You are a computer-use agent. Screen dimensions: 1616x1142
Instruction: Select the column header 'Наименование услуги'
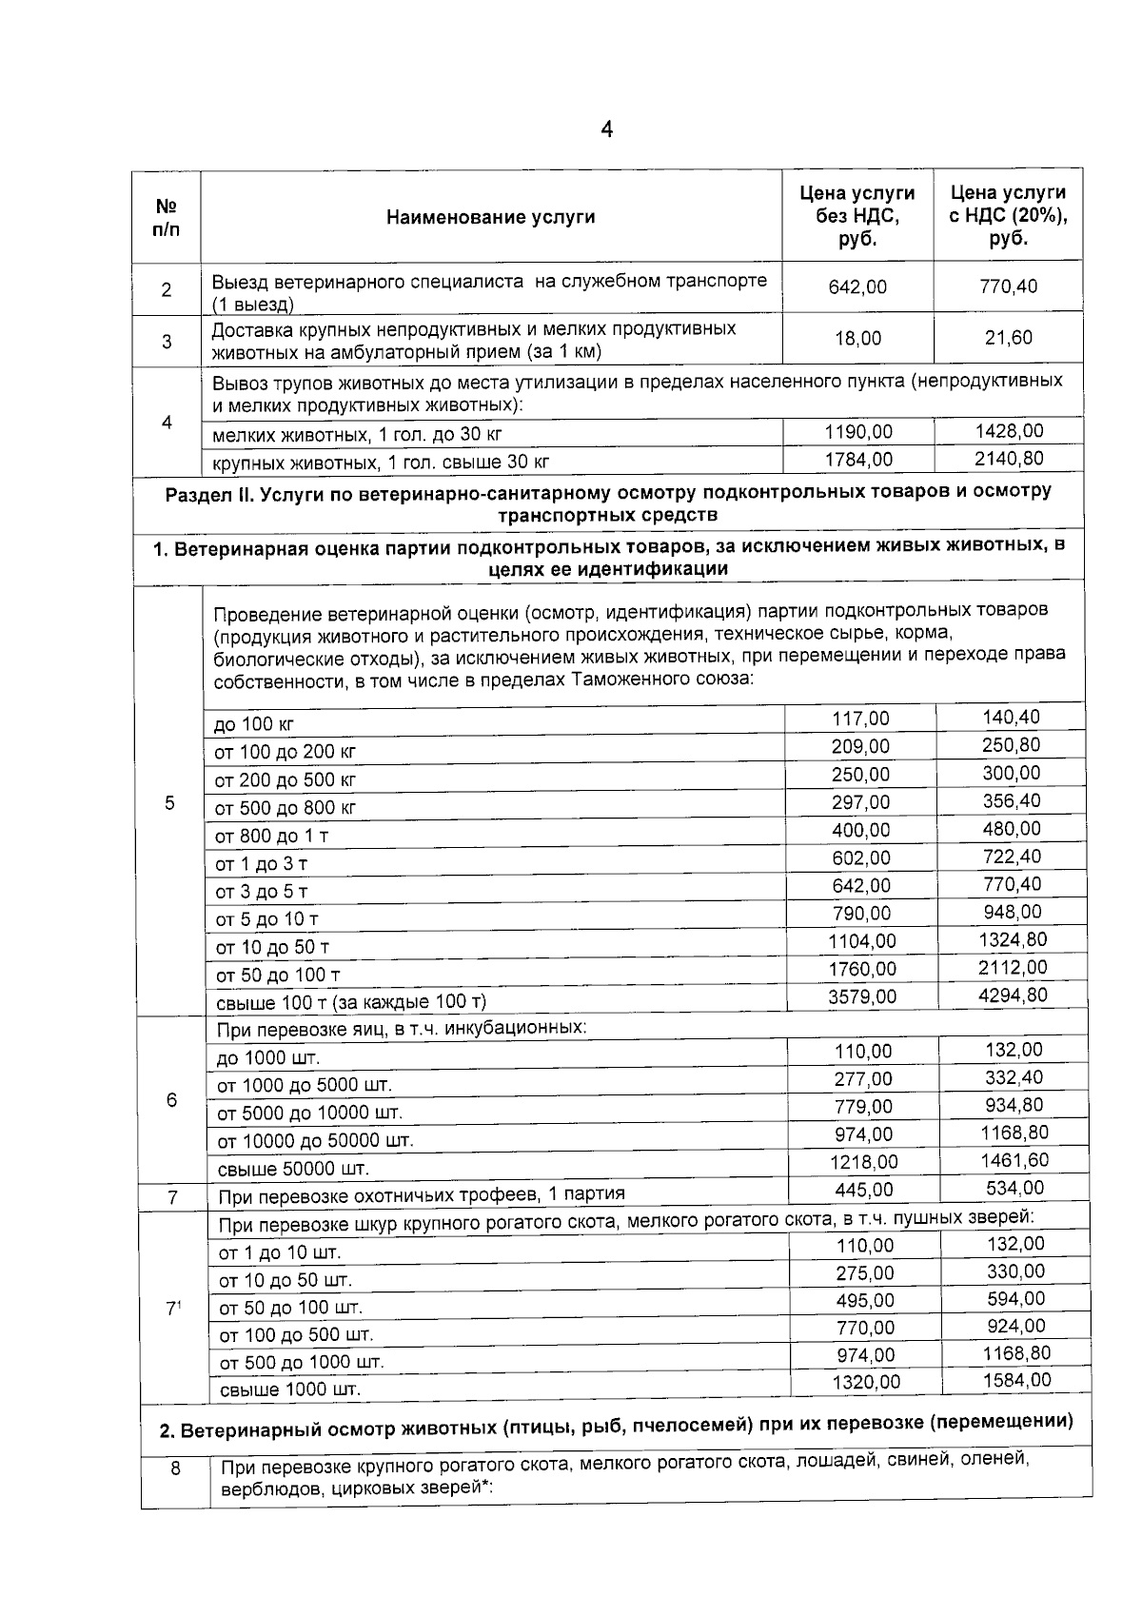(x=490, y=217)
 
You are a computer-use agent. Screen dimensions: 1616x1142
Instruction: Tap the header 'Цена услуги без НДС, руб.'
(x=856, y=216)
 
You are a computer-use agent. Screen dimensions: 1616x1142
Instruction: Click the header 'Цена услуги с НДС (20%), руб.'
(x=1008, y=216)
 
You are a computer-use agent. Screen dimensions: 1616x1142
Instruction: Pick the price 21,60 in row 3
(x=1009, y=338)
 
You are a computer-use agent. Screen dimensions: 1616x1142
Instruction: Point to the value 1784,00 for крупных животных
(x=858, y=460)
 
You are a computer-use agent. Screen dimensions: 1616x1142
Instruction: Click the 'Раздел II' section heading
(x=608, y=503)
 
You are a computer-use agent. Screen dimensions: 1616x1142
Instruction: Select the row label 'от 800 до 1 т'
(x=271, y=836)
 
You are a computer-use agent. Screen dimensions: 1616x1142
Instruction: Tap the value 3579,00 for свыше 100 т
(x=861, y=996)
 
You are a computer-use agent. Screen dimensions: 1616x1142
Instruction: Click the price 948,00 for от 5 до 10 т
(x=1012, y=913)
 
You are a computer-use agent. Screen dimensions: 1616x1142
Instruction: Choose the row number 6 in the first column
(x=171, y=1100)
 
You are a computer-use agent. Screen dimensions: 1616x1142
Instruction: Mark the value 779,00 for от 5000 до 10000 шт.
(x=863, y=1107)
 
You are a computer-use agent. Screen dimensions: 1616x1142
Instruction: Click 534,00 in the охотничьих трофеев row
(x=1013, y=1188)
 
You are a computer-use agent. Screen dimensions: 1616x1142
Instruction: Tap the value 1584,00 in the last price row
(x=1014, y=1380)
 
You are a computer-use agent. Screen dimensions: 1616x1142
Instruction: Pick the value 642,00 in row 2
(x=857, y=286)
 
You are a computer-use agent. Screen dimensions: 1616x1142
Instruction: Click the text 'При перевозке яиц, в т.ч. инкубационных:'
(x=402, y=1029)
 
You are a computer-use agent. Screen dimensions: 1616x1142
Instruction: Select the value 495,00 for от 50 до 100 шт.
(x=865, y=1300)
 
